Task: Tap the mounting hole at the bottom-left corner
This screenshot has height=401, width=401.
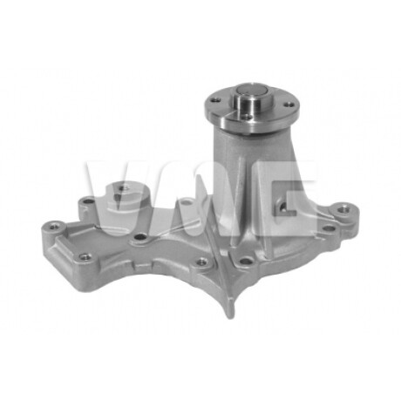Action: click(85, 256)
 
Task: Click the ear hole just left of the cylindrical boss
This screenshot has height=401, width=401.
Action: click(85, 205)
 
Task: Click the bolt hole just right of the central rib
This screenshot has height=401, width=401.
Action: click(247, 259)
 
